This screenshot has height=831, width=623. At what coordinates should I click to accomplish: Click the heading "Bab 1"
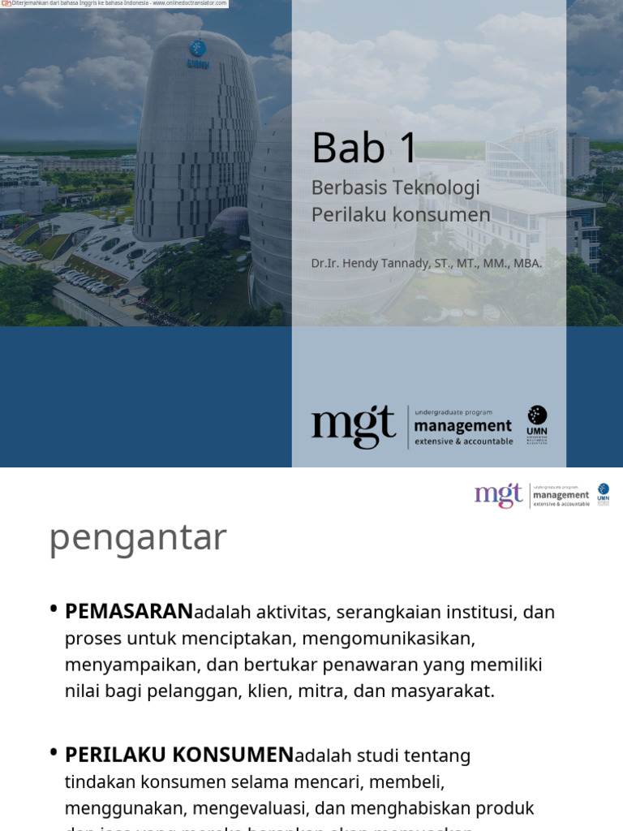pos(364,148)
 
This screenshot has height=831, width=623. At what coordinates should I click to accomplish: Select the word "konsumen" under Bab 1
pos(451,215)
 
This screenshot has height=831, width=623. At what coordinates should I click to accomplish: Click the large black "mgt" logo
pos(353,426)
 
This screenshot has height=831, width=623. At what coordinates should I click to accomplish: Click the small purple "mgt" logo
pos(499,495)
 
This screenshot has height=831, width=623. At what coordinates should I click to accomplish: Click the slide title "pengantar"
pos(138,538)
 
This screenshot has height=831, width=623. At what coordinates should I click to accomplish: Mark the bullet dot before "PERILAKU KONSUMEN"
pos(54,753)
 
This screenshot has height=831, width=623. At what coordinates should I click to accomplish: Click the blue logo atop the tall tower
pos(197,48)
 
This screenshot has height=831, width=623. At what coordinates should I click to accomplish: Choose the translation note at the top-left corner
pos(114,3)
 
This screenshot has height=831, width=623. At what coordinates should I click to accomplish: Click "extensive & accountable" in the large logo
pos(463,441)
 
